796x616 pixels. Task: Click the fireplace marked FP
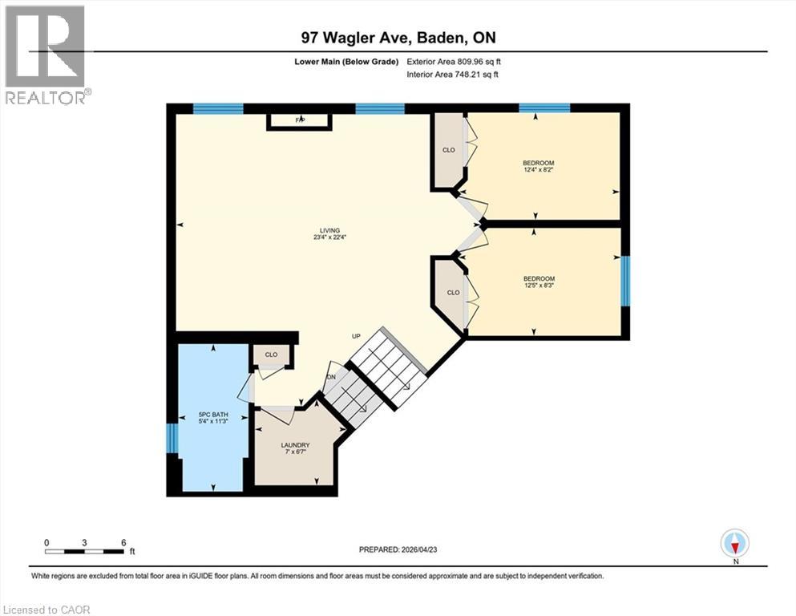click(x=300, y=120)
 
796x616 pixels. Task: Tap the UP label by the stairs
click(x=358, y=337)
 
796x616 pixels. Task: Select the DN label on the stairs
click(x=330, y=376)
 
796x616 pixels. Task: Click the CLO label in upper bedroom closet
click(x=449, y=149)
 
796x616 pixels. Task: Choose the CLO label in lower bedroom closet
click(x=453, y=292)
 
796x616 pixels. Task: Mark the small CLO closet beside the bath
click(x=271, y=354)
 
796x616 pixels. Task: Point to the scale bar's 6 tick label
click(x=123, y=542)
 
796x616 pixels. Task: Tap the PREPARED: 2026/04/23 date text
click(x=398, y=549)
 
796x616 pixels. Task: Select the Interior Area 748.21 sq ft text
click(x=455, y=75)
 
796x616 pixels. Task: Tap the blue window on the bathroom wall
click(x=171, y=438)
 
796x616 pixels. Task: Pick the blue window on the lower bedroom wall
click(x=625, y=281)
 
